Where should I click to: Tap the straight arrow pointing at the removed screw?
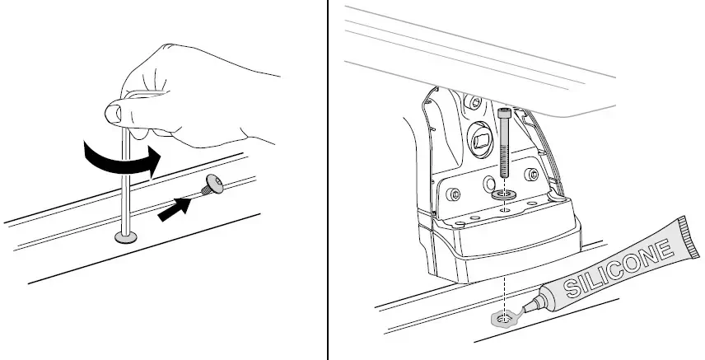pyautogui.click(x=175, y=210)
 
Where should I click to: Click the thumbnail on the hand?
pyautogui.click(x=113, y=112)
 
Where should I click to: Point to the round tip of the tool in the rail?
pyautogui.click(x=126, y=237)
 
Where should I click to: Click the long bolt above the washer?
pyautogui.click(x=504, y=145)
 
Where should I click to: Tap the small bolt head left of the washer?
pyautogui.click(x=453, y=195)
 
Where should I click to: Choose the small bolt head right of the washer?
pyautogui.click(x=531, y=174)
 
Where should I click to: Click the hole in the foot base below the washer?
pyautogui.click(x=505, y=210)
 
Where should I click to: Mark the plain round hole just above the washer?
pyautogui.click(x=489, y=183)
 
